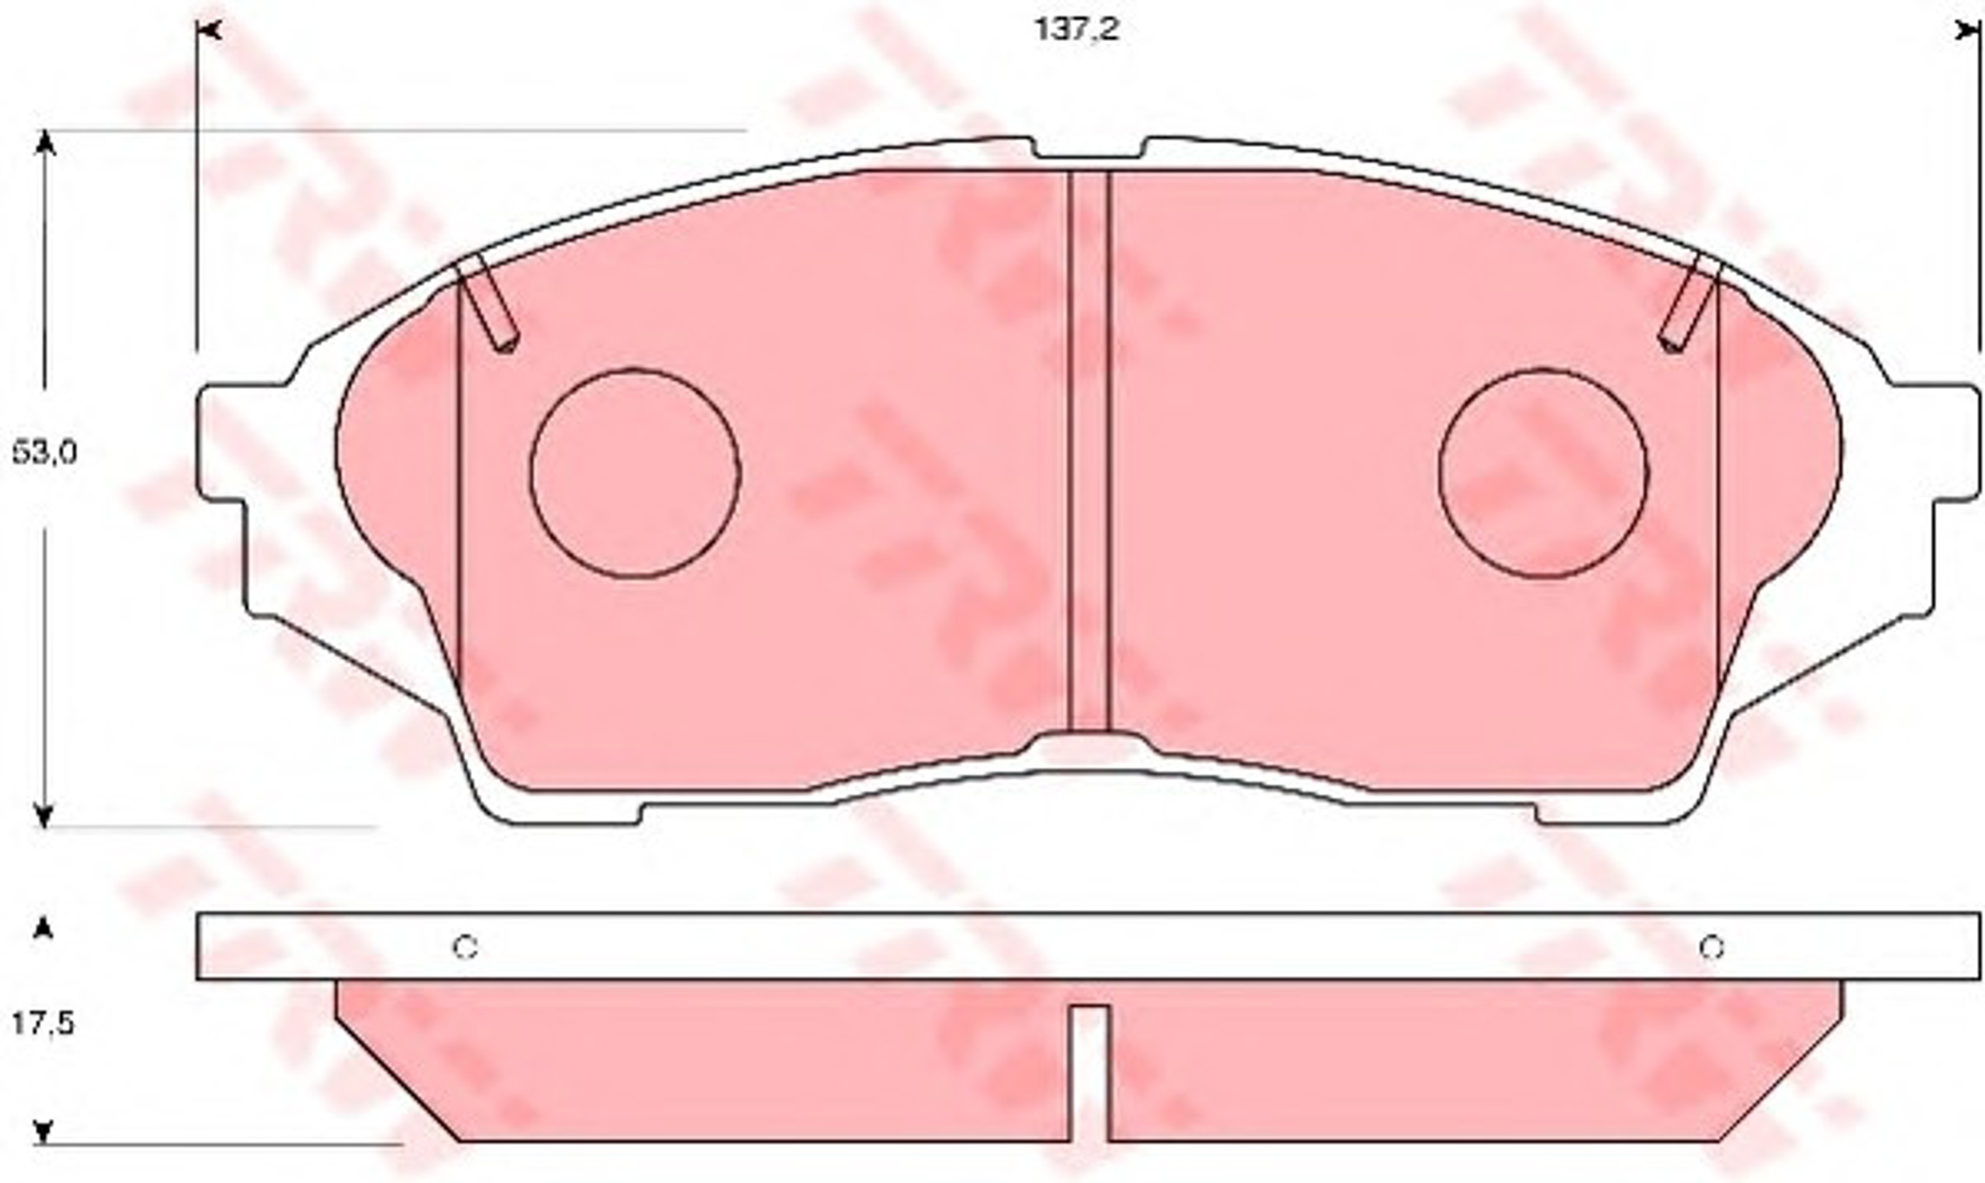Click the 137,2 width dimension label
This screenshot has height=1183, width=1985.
[x=1077, y=30]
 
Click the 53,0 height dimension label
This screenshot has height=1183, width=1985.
[x=44, y=453]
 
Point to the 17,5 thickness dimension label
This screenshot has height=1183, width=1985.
[x=43, y=1025]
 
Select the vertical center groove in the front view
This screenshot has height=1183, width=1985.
[x=1089, y=451]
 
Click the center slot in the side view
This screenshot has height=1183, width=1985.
[x=1089, y=1074]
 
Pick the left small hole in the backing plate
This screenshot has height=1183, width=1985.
[x=465, y=947]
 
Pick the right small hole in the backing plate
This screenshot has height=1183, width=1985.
[x=1712, y=947]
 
